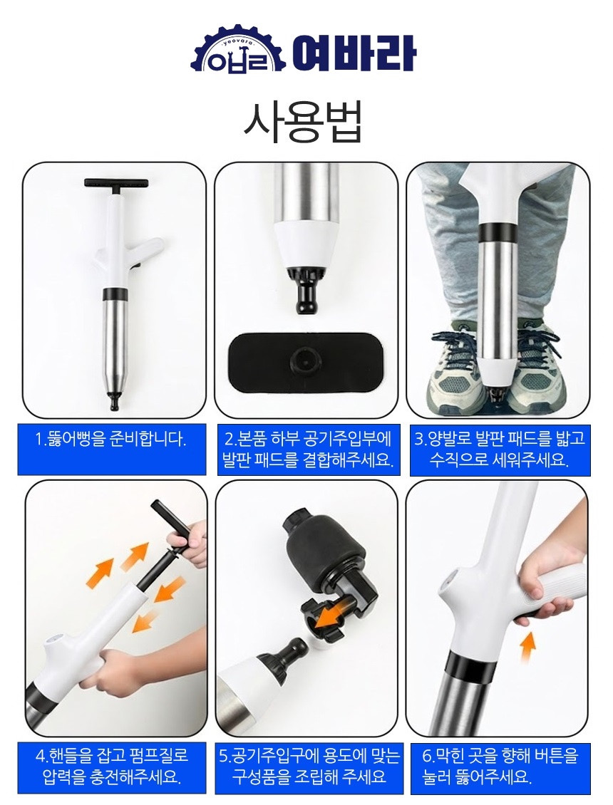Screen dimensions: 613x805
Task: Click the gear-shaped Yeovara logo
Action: pyautogui.click(x=237, y=52)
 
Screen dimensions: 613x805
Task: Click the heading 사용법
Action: pyautogui.click(x=303, y=123)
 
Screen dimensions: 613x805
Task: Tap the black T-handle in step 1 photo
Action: pyautogui.click(x=116, y=183)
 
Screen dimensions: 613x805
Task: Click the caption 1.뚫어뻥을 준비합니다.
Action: pyautogui.click(x=111, y=440)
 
